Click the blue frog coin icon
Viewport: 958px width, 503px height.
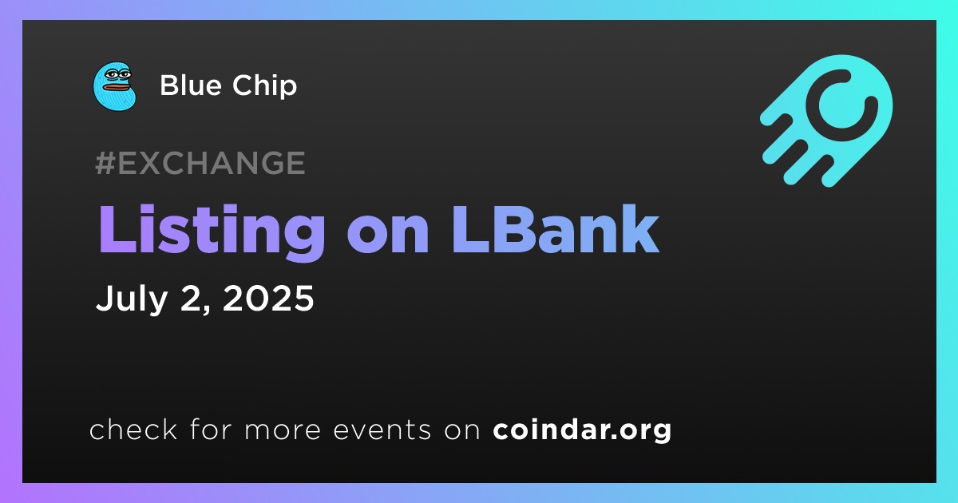point(115,86)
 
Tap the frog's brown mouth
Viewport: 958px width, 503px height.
point(116,88)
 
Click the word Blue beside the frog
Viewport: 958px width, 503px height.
point(191,85)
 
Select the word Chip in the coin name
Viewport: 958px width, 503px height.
point(265,85)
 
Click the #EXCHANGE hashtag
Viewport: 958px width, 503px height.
point(200,163)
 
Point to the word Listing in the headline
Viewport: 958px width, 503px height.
point(212,231)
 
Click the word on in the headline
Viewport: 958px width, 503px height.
point(388,236)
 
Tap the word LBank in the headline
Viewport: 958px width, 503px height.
point(555,230)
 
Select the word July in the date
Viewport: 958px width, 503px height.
point(132,299)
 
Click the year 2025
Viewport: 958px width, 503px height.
point(268,298)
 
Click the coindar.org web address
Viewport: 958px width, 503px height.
point(582,430)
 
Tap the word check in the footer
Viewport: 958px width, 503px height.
point(133,430)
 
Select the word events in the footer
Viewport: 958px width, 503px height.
point(382,430)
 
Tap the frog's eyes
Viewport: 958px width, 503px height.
point(118,75)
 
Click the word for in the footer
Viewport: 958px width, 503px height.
point(211,429)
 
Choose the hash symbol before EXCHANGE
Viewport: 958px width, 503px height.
point(105,163)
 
